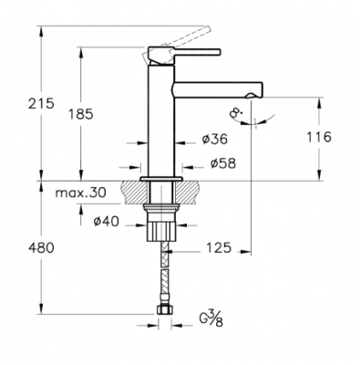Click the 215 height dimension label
(41, 104)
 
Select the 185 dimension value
(80, 114)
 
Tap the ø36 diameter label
(214, 140)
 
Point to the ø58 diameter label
(223, 163)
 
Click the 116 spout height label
(318, 137)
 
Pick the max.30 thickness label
(81, 193)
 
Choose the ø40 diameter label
(106, 222)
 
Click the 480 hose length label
(41, 248)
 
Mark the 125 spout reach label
(219, 248)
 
